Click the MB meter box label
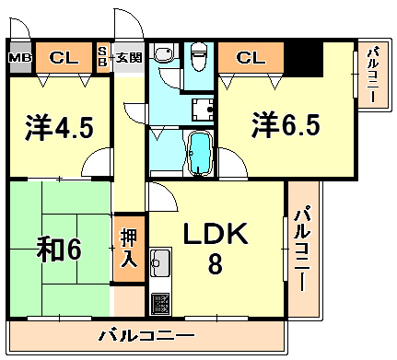(x=20, y=58)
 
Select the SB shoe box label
(x=102, y=57)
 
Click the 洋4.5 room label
(x=59, y=127)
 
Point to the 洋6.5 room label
(x=286, y=125)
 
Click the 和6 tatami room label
(x=59, y=250)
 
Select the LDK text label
(x=216, y=234)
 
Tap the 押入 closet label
(x=129, y=249)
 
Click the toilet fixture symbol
(x=199, y=56)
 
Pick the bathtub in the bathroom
(x=200, y=154)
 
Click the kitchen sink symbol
(x=160, y=262)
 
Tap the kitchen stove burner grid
(x=160, y=304)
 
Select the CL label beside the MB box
(x=64, y=57)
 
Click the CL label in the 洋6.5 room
(x=251, y=57)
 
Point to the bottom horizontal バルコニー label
(x=146, y=335)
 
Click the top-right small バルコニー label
(x=374, y=75)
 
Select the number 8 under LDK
(x=216, y=264)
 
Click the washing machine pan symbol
(x=203, y=110)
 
